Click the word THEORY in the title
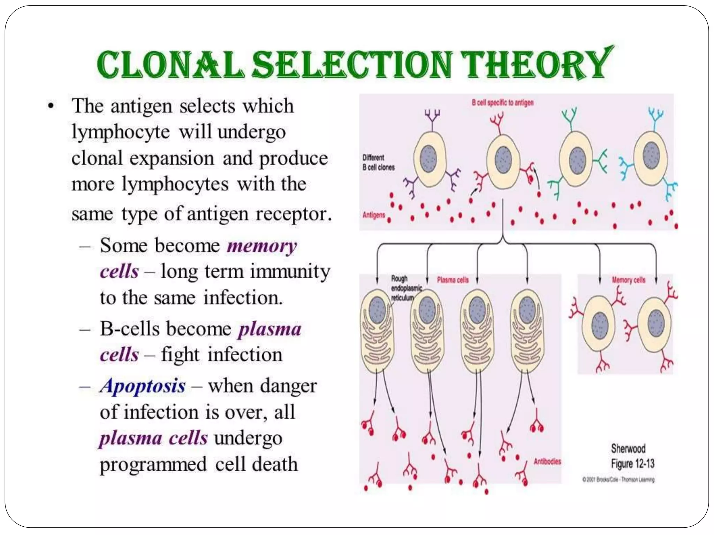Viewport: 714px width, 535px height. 537,64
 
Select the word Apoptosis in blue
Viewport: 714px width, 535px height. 143,386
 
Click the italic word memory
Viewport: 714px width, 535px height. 261,246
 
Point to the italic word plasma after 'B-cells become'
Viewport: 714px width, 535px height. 269,329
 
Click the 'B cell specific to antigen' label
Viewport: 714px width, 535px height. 502,103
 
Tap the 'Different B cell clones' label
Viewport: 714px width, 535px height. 378,162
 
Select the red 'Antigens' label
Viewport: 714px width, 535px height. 373,215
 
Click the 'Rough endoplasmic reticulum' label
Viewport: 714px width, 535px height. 406,288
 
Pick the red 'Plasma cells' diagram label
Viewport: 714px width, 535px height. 453,280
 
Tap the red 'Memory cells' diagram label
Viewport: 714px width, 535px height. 628,280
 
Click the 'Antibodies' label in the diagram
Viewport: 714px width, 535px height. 547,462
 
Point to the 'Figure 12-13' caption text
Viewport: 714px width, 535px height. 632,464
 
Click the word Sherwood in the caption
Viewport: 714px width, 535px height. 628,448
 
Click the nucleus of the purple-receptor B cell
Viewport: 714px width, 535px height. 428,159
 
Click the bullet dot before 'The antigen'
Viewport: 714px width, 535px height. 51,106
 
